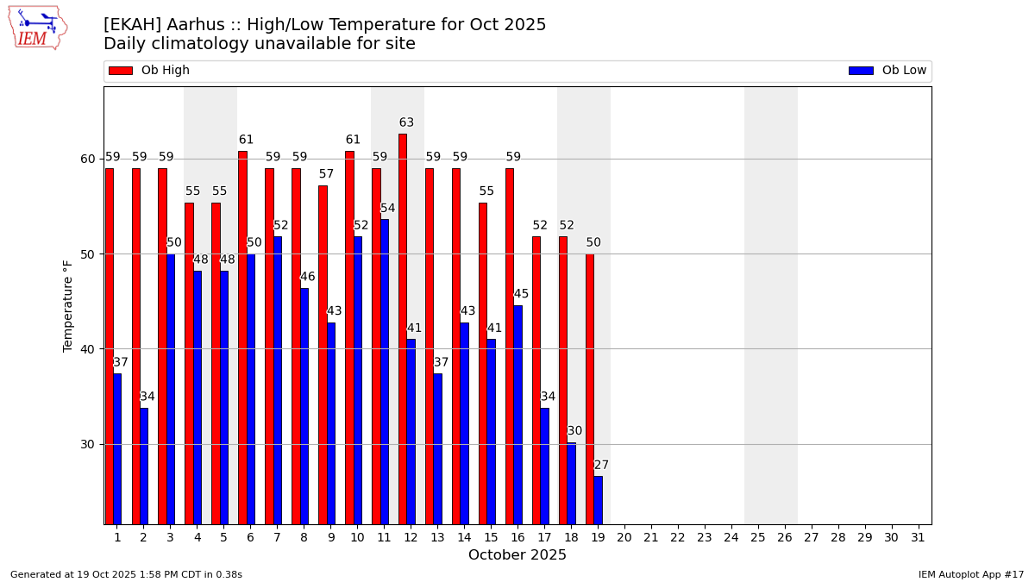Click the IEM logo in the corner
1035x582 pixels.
(37, 28)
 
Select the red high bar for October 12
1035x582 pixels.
(403, 328)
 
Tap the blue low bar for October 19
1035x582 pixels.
(598, 500)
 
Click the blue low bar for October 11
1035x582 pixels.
(384, 371)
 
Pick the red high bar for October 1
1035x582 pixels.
(110, 345)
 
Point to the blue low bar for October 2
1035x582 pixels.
(144, 466)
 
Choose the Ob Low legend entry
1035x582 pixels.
(888, 71)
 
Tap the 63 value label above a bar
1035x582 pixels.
(406, 123)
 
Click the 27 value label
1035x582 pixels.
(601, 466)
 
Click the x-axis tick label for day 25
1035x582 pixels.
(757, 537)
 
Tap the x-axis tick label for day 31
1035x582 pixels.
(918, 537)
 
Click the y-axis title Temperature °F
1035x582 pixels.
(68, 305)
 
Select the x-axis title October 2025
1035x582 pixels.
(517, 555)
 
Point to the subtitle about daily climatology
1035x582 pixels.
(260, 44)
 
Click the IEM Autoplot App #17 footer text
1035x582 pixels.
(970, 574)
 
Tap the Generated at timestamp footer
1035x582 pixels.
(126, 574)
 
